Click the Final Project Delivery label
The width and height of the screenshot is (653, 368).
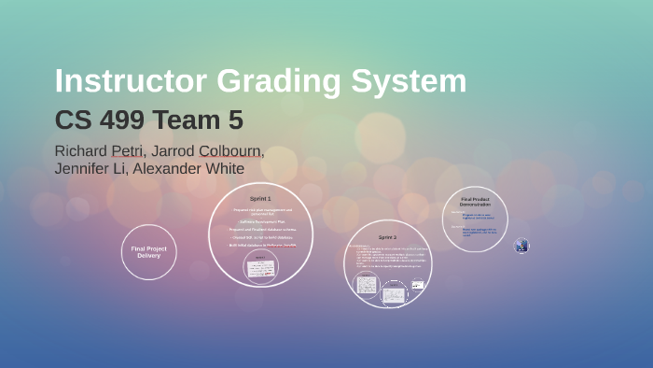148,251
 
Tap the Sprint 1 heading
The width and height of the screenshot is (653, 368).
260,199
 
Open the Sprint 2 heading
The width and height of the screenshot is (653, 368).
388,237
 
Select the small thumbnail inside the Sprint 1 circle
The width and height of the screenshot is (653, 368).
260,266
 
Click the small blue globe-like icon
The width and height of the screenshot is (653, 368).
521,246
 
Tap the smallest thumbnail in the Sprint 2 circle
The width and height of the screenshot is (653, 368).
418,284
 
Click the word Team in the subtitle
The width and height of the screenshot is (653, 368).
191,120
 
